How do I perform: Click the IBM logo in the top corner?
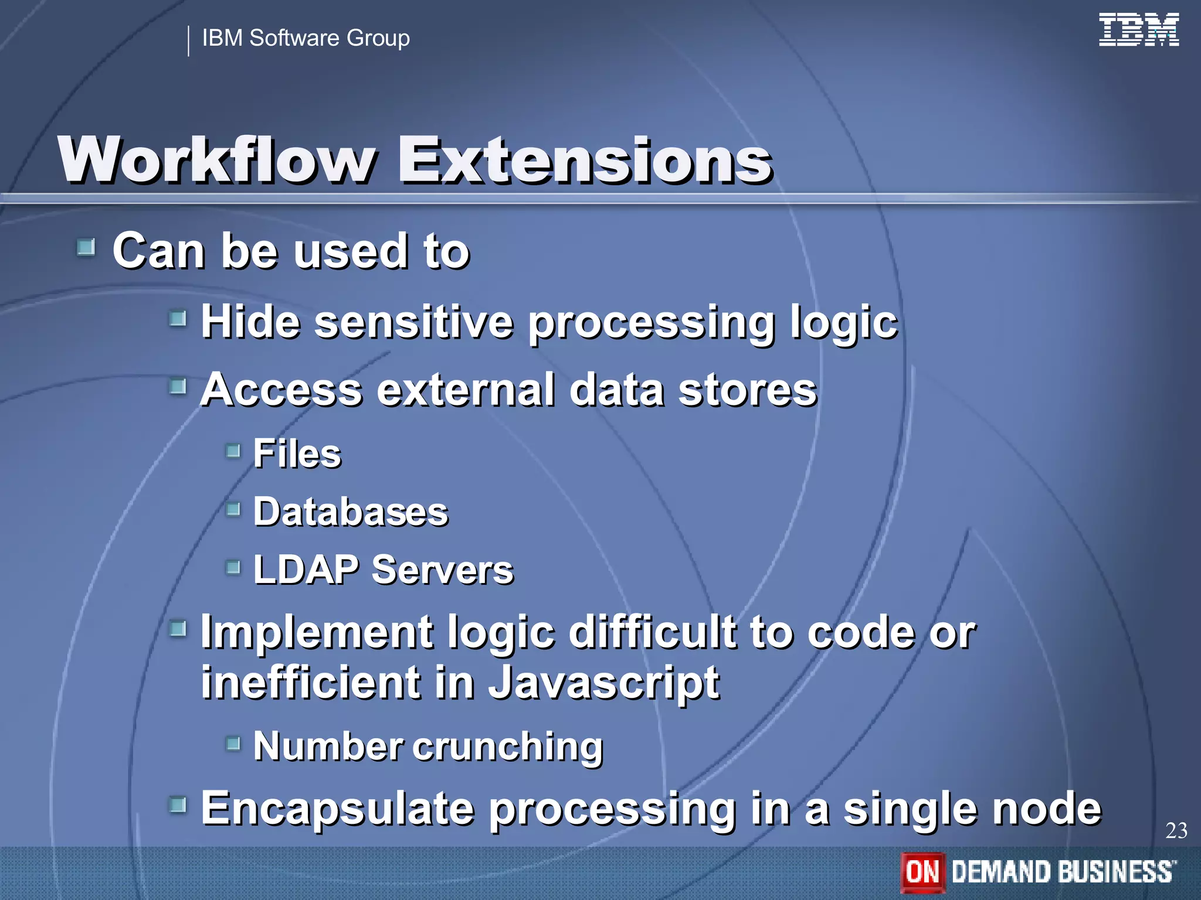tap(1138, 30)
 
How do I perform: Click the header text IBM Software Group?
tap(306, 38)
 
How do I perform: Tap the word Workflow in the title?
tap(217, 160)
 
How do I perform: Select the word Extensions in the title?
tap(585, 160)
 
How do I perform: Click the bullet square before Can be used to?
tap(86, 247)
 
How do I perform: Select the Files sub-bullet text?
tap(297, 454)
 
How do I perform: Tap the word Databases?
tap(351, 512)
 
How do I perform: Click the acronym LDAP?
tap(306, 570)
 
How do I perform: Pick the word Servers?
tap(443, 570)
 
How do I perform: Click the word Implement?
tap(317, 633)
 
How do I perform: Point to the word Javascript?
tap(603, 683)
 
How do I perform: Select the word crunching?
tap(508, 747)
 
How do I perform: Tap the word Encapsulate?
tap(337, 809)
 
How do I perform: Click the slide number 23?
tap(1176, 831)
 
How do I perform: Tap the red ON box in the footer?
tap(922, 871)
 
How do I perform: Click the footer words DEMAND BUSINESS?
tap(1063, 871)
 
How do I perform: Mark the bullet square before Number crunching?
tap(233, 744)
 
